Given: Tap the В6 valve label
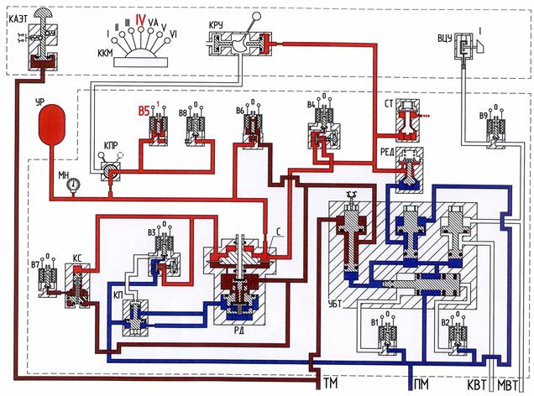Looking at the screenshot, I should tap(241, 111).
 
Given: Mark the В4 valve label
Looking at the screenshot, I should tap(311, 106).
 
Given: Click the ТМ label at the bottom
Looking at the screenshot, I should tap(330, 385).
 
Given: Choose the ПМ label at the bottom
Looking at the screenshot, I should tap(423, 385).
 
